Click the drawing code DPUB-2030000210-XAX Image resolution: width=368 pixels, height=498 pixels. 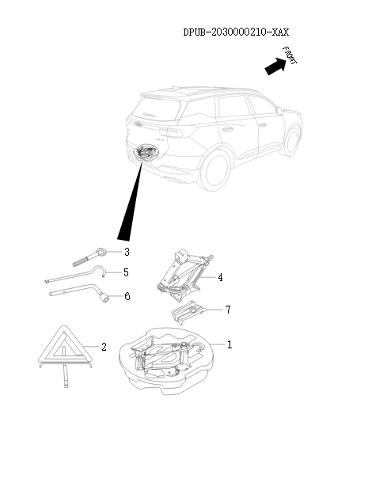click(236, 32)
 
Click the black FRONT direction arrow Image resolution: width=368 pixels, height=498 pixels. click(275, 67)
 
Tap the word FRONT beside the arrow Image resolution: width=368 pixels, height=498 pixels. click(290, 55)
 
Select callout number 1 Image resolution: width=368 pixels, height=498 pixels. click(230, 344)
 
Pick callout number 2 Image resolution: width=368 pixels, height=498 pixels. click(104, 347)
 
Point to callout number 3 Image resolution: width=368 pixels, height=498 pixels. click(127, 252)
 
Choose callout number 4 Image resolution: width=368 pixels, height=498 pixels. click(220, 278)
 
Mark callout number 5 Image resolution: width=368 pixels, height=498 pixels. click(126, 272)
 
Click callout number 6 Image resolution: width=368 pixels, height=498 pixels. click(127, 296)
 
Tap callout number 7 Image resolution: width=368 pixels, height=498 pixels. click(228, 310)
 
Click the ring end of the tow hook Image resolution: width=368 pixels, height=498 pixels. click(102, 253)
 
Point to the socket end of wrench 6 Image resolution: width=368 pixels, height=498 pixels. click(104, 298)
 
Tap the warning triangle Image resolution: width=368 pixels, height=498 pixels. click(66, 355)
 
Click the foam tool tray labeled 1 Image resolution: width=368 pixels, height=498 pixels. click(166, 361)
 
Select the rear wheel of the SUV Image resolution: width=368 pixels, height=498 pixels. click(216, 170)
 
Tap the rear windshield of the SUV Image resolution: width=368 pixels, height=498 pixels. click(157, 108)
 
